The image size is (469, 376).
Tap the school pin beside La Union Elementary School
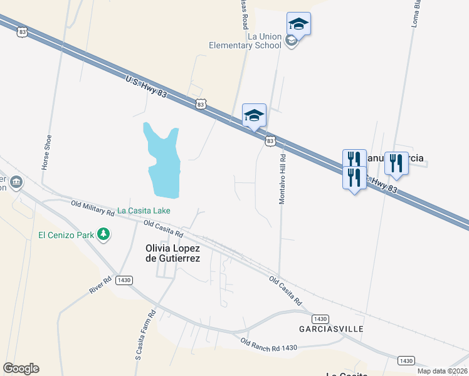pyautogui.click(x=298, y=24)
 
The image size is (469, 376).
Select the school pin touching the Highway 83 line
pyautogui.click(x=254, y=116)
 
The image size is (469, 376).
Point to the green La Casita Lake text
pyautogui.click(x=144, y=211)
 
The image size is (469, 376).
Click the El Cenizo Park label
pyautogui.click(x=65, y=235)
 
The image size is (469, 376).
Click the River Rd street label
pyautogui.click(x=100, y=285)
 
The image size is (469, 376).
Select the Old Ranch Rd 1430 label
pyautogui.click(x=268, y=344)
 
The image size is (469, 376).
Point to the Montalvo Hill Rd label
pyautogui.click(x=282, y=179)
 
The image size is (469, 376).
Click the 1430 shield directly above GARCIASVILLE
pyautogui.click(x=320, y=318)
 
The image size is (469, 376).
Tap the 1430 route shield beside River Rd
pyautogui.click(x=123, y=279)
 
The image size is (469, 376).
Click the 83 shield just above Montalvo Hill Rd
pyautogui.click(x=270, y=141)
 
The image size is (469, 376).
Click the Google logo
pyautogui.click(x=21, y=368)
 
